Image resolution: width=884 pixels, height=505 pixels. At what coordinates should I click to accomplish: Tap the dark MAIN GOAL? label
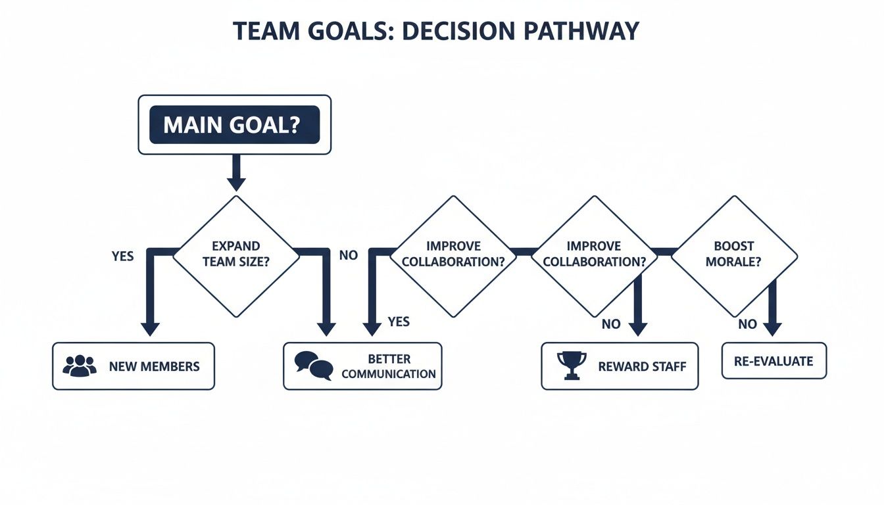coord(234,125)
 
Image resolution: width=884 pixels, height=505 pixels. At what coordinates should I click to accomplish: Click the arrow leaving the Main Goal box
coord(235,174)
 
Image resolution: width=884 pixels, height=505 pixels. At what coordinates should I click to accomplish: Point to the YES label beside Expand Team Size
coord(123,256)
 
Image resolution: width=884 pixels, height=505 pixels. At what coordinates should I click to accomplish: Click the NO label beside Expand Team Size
coord(349,255)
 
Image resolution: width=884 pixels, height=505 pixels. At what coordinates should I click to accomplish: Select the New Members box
coord(134,366)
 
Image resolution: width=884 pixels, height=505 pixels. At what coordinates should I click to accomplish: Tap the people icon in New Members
coord(79,366)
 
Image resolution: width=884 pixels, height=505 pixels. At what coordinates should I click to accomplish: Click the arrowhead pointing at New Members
coord(150,328)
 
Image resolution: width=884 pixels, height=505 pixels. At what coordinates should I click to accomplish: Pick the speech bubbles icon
coord(313,366)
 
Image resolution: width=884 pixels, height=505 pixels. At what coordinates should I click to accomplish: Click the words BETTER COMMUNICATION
coord(389,366)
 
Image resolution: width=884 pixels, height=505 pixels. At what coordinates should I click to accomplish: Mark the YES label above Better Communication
coord(399,322)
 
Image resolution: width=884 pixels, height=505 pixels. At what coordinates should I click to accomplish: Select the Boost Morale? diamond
coord(733,255)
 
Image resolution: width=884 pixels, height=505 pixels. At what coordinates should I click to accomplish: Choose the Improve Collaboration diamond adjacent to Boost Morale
coord(593,255)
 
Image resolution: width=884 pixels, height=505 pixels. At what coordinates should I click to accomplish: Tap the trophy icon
coord(571,366)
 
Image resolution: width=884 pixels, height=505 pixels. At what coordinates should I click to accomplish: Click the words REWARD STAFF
coord(642,366)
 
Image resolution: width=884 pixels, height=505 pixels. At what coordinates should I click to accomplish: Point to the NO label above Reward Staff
coord(611,324)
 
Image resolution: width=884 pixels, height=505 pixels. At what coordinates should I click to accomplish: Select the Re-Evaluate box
coord(773,361)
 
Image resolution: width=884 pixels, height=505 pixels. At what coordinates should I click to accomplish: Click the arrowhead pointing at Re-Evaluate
coord(773,328)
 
